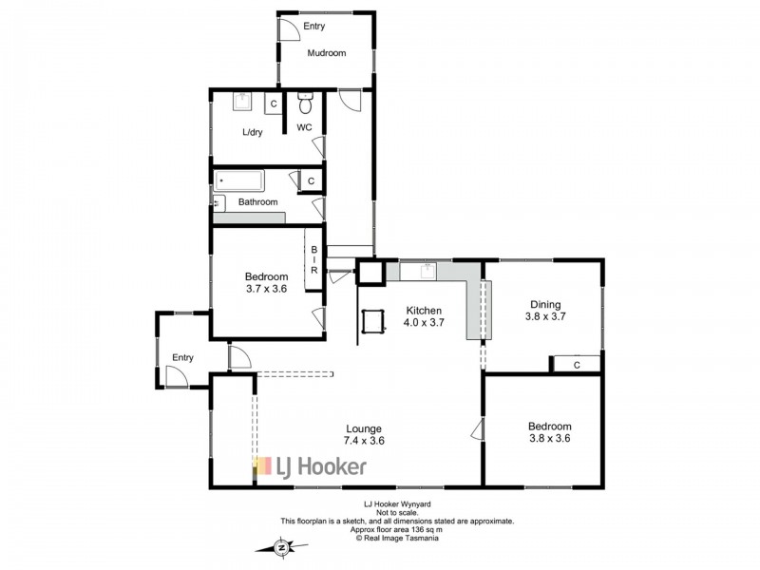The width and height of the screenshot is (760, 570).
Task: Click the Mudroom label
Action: tap(327, 53)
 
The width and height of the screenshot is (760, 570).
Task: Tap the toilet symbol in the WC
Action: tap(305, 104)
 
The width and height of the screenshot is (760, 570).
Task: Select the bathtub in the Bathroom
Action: tap(239, 181)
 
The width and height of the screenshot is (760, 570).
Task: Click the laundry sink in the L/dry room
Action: tap(242, 102)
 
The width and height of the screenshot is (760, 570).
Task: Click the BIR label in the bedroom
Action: tap(314, 259)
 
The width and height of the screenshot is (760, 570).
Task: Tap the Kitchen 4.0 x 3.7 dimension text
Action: tap(424, 316)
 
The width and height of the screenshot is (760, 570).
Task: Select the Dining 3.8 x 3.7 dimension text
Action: tap(545, 311)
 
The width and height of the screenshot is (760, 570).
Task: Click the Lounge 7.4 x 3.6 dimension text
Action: tap(364, 434)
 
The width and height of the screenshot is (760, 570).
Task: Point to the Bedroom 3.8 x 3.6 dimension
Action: tap(549, 432)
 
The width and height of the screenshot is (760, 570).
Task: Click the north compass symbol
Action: tap(281, 547)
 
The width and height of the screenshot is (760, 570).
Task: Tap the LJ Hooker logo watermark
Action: tap(311, 466)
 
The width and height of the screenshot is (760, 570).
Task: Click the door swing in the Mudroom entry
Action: tap(290, 29)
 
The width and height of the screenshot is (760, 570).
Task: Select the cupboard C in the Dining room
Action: tap(577, 365)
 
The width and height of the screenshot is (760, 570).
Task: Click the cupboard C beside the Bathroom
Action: tap(312, 180)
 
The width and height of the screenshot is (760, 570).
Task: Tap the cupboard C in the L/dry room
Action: tap(274, 104)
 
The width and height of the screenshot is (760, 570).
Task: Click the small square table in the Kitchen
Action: tap(372, 321)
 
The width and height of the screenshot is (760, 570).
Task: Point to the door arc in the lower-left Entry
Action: tap(177, 375)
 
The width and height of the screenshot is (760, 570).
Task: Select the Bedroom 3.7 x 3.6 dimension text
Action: tap(267, 282)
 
